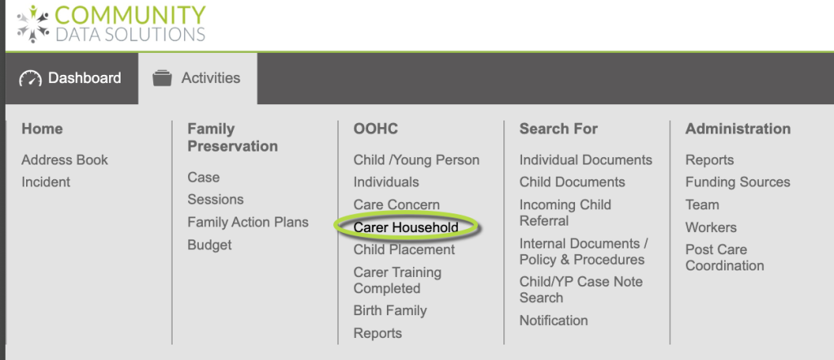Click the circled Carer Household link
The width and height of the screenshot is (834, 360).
(406, 227)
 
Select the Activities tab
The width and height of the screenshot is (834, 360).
(198, 78)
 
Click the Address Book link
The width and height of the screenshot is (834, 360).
(64, 160)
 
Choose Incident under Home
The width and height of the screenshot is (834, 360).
(46, 182)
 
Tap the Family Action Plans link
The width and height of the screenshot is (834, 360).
(248, 222)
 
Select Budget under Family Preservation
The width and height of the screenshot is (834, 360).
(209, 245)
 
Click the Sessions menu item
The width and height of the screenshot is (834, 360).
(215, 200)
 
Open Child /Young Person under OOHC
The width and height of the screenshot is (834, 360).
(416, 160)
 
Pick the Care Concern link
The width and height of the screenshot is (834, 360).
(397, 204)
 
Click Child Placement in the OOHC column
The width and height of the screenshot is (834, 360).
(404, 250)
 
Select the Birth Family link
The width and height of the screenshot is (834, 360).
(390, 310)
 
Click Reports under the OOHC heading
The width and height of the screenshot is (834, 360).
(378, 333)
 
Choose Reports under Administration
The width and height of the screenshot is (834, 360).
(709, 160)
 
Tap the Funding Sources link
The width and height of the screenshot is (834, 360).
(738, 182)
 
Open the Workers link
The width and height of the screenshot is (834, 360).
(711, 227)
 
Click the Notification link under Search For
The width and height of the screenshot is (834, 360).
(554, 321)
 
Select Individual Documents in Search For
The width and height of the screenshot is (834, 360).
(586, 160)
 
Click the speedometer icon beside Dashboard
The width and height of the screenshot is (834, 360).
(30, 79)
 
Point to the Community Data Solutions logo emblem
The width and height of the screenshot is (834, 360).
(33, 24)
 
